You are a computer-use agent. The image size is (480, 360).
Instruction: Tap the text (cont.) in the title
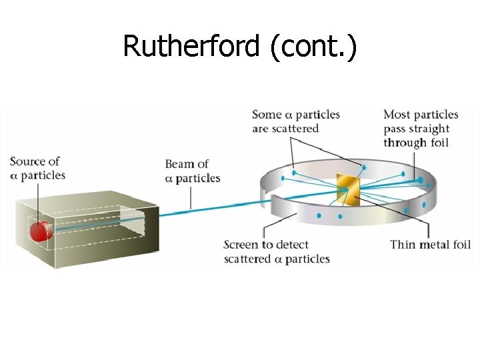coord(314,46)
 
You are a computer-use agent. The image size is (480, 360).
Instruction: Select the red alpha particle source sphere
coord(39,231)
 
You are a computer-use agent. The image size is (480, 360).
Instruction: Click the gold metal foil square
coord(347,189)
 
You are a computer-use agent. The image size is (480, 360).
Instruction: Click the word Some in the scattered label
coord(267,115)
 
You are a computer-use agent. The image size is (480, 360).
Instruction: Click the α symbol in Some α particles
coord(288,115)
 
